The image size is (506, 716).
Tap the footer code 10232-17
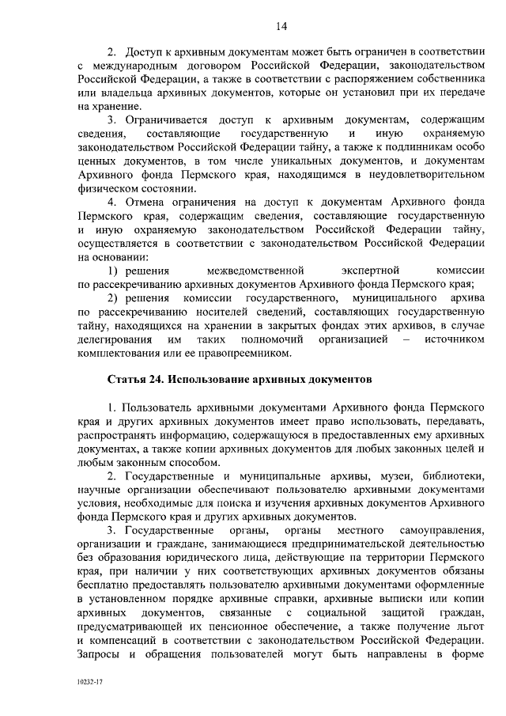(93, 680)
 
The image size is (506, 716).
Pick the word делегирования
(115, 339)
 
